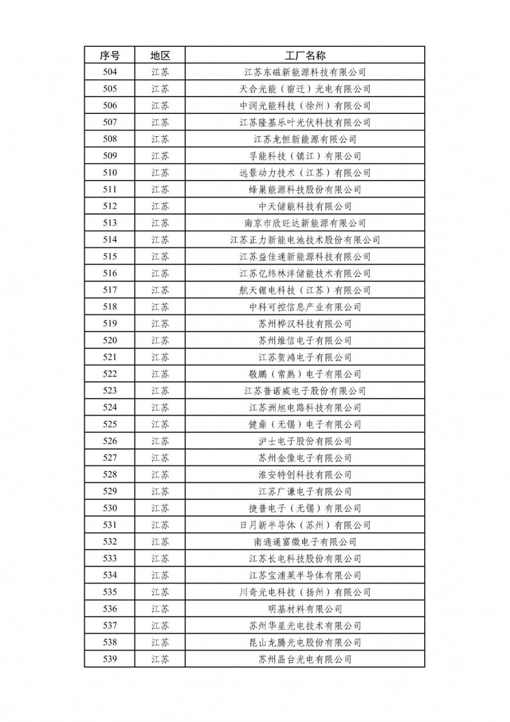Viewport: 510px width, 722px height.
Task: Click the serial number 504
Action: (110, 72)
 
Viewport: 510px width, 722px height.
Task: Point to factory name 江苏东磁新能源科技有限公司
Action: (305, 72)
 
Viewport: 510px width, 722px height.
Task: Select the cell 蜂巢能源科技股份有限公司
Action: (305, 190)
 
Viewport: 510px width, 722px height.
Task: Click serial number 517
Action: (110, 290)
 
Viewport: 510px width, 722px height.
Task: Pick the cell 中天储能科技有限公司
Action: (305, 206)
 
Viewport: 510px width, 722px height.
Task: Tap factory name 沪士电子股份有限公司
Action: (305, 441)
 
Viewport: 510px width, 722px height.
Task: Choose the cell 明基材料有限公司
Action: (305, 609)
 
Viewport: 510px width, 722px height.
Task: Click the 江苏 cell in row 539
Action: (160, 659)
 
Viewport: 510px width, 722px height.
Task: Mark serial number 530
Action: (110, 508)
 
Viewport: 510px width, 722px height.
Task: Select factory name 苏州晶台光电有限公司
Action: (305, 659)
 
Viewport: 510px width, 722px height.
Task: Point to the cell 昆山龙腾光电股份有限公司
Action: (305, 642)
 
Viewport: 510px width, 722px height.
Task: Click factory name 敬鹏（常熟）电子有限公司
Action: (305, 374)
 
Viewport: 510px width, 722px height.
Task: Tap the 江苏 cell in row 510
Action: (160, 173)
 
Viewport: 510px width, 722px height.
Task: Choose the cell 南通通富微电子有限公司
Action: (305, 542)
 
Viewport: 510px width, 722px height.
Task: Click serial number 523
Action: (110, 391)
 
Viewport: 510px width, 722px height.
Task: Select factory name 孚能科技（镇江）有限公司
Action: (305, 156)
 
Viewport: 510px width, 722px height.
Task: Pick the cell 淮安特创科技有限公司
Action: (305, 475)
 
